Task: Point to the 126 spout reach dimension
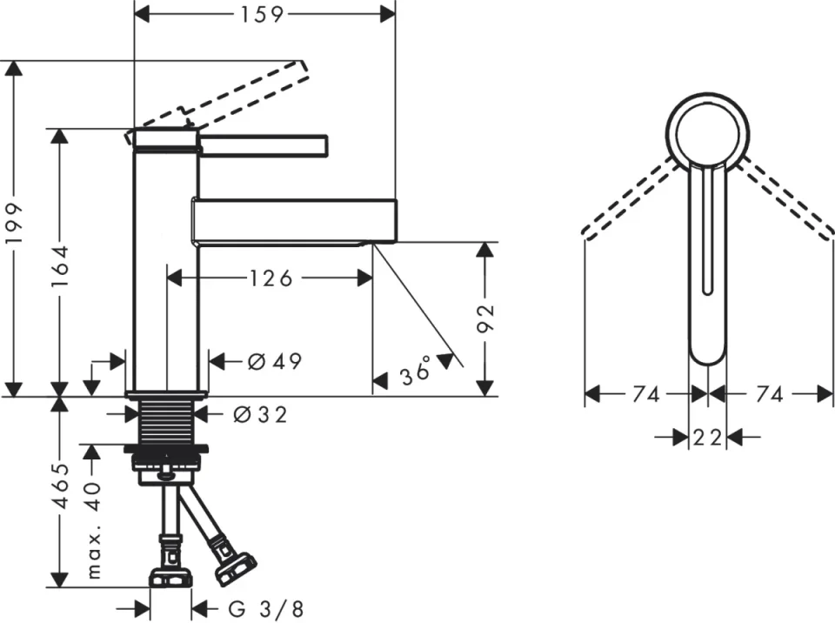[x=271, y=278]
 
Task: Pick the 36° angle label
[x=416, y=372]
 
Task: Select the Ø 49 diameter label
[x=275, y=361]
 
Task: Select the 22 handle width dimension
[x=708, y=438]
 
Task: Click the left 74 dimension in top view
[x=645, y=395]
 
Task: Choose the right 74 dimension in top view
[x=770, y=395]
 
